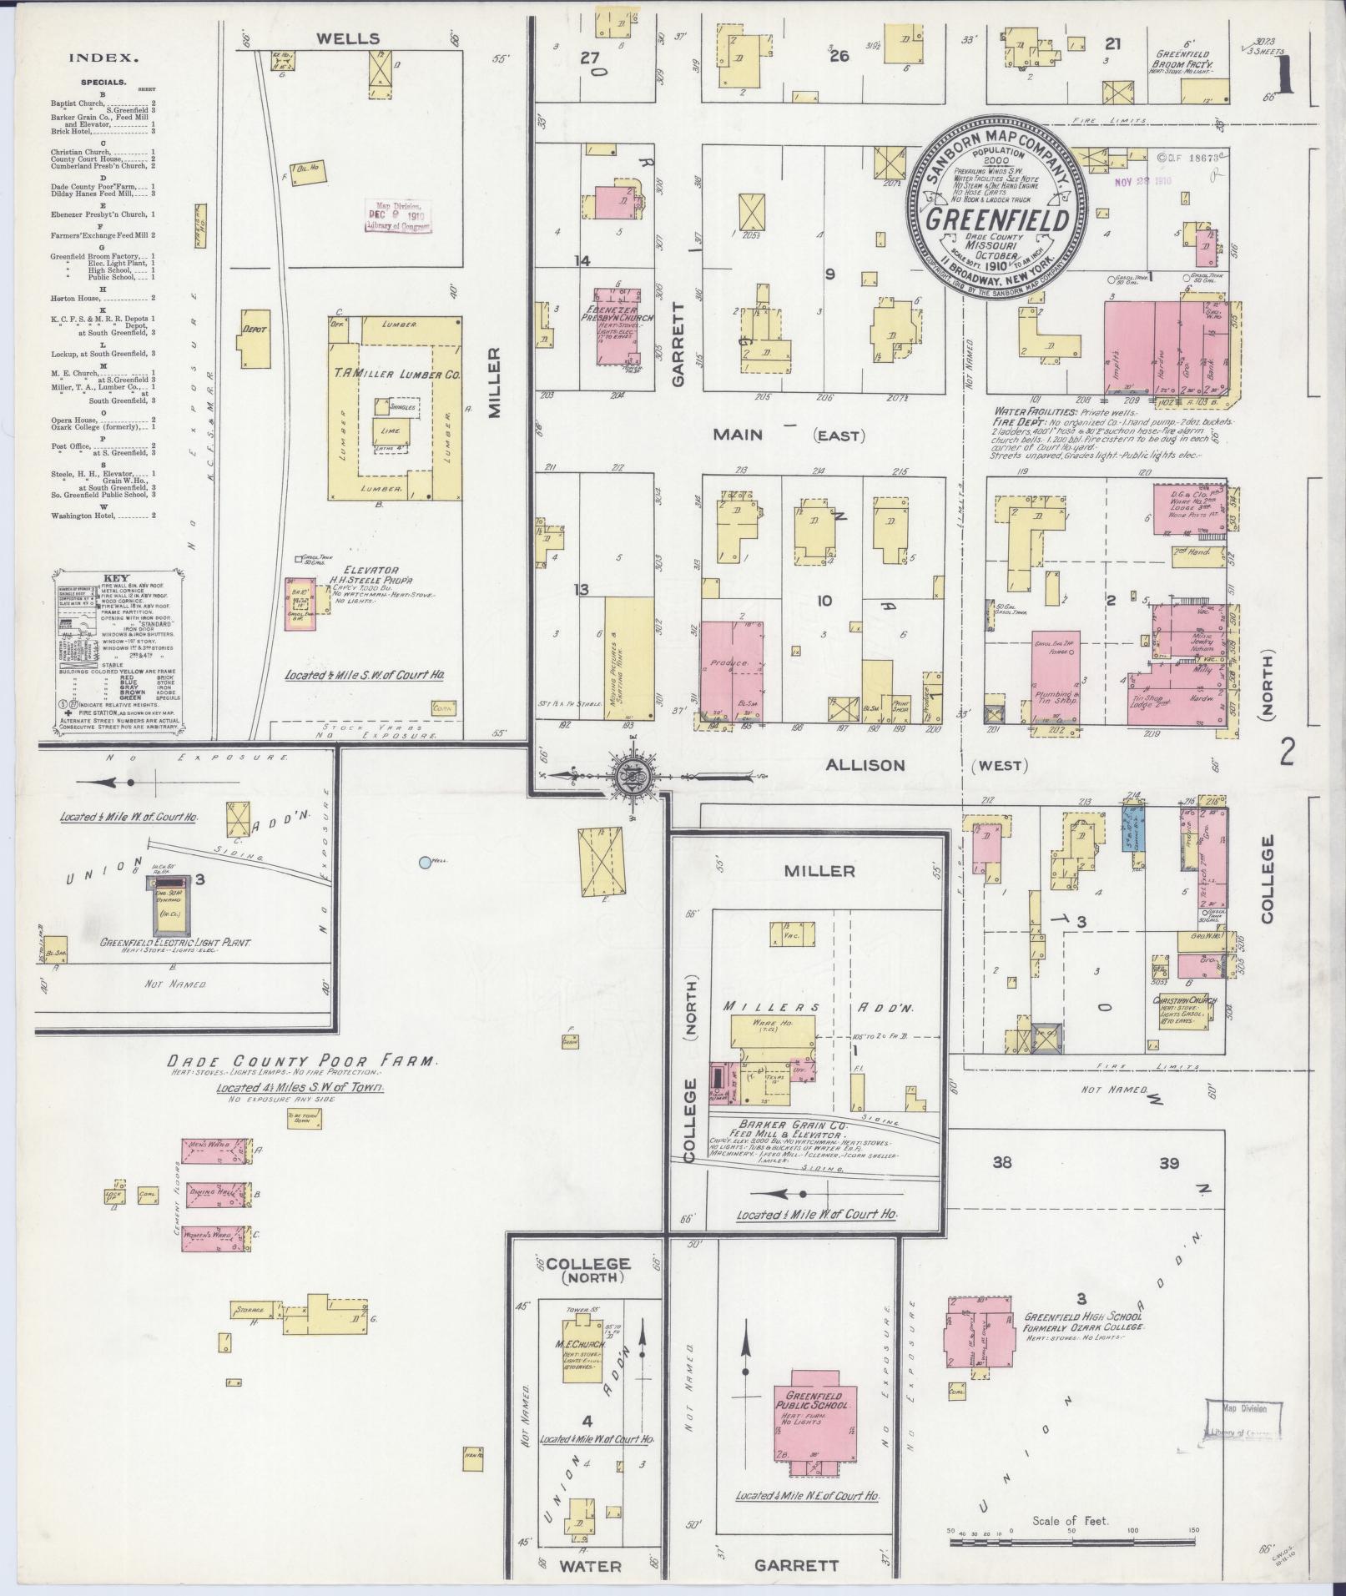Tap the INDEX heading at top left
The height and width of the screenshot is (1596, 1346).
click(103, 58)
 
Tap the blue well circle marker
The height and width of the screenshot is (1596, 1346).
click(425, 862)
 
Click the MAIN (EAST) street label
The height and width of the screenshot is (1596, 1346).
click(789, 435)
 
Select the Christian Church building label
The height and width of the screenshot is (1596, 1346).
click(1185, 1001)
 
